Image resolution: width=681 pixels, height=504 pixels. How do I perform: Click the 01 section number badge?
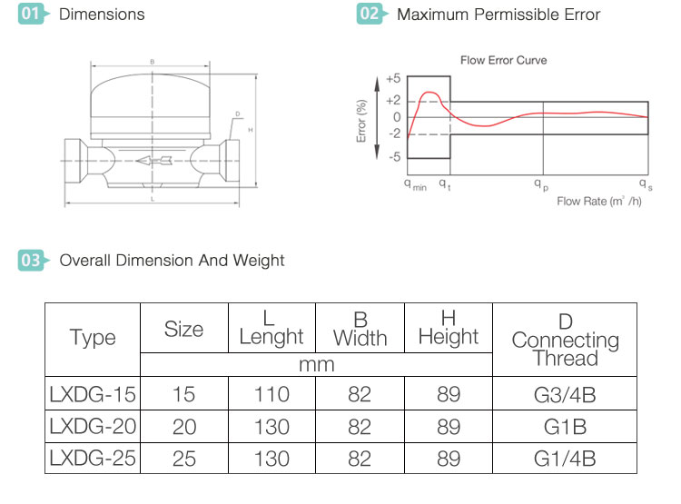32,15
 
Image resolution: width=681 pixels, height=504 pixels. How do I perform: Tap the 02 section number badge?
370,15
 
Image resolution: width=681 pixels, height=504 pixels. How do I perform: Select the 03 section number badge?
32,261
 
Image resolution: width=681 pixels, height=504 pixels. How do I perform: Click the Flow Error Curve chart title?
503,61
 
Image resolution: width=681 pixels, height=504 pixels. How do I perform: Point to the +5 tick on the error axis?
392,79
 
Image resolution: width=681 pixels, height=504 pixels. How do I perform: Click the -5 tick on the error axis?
393,157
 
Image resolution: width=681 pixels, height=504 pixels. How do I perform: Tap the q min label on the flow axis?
414,184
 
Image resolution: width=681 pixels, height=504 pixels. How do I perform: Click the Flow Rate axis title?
599,201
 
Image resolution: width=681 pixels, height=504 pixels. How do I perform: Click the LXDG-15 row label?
93,394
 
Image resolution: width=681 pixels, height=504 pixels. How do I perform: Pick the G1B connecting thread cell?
565,426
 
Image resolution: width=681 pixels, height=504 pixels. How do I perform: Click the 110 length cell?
271,394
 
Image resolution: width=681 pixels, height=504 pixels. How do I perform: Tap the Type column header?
93,338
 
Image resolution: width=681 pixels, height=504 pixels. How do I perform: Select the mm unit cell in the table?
317,364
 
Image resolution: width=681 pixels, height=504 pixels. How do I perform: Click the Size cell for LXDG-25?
183,458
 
